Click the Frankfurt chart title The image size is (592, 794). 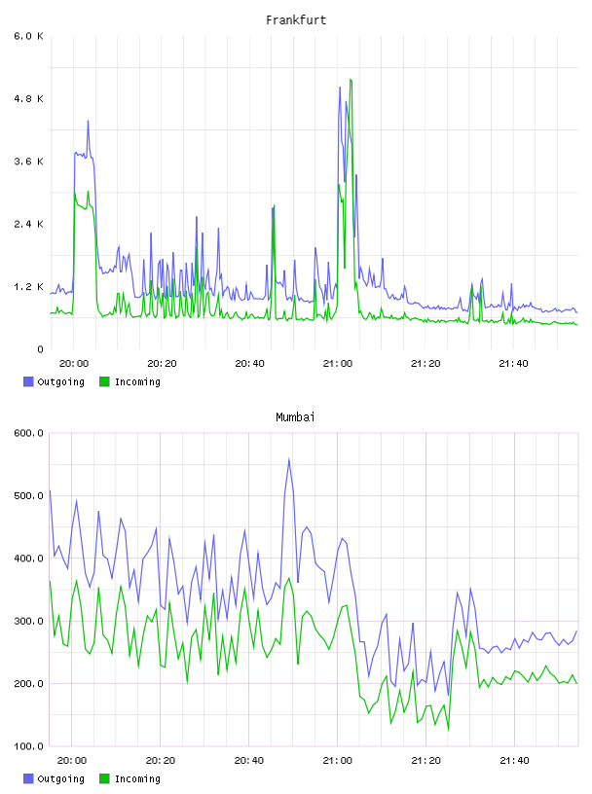pyautogui.click(x=296, y=20)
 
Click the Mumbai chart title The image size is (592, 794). pyautogui.click(x=295, y=417)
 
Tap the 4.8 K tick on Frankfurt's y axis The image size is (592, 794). pyautogui.click(x=28, y=98)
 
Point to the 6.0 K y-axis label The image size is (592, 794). pyautogui.click(x=28, y=36)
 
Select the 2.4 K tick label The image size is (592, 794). pyautogui.click(x=28, y=224)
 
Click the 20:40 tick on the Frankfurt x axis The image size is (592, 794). pyautogui.click(x=249, y=364)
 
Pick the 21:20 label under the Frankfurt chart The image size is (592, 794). pyautogui.click(x=425, y=364)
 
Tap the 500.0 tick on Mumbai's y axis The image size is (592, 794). pyautogui.click(x=28, y=495)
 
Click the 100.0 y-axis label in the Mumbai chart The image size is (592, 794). pyautogui.click(x=28, y=746)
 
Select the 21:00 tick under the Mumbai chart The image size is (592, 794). pyautogui.click(x=337, y=761)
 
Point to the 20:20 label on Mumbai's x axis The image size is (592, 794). pyautogui.click(x=160, y=761)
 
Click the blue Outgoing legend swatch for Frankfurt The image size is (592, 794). pyautogui.click(x=28, y=381)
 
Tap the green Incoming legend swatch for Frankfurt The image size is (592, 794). pyautogui.click(x=104, y=381)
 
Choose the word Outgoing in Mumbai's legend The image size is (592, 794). pyautogui.click(x=60, y=779)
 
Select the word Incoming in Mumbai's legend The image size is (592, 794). pyautogui.click(x=137, y=779)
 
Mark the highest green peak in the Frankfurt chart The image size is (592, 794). pyautogui.click(x=351, y=80)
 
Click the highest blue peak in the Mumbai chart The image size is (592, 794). pyautogui.click(x=289, y=459)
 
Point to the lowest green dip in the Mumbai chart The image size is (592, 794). pyautogui.click(x=448, y=730)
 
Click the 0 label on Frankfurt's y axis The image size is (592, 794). pyautogui.click(x=41, y=349)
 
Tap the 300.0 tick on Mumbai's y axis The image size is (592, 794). pyautogui.click(x=28, y=622)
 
